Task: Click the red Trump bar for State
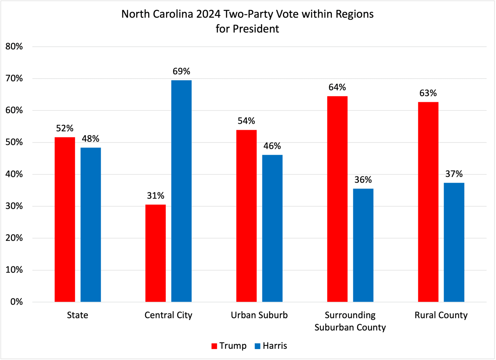coord(65,219)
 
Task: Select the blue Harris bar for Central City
coord(181,191)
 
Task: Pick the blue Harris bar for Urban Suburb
coord(272,228)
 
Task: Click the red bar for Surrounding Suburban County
coord(337,199)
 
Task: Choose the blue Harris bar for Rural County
coord(454,242)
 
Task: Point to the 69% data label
coord(181,72)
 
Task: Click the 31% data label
coord(155,196)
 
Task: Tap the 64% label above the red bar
coord(337,88)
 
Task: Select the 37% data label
coord(454,174)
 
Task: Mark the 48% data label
coord(91,139)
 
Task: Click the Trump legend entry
coord(229,346)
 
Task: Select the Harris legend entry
coord(271,346)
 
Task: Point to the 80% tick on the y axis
coord(14,47)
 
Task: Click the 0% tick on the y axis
coord(16,302)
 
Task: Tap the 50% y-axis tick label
coord(14,142)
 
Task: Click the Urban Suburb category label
coord(259,315)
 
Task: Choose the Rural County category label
coord(441,315)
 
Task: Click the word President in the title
coord(256,29)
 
